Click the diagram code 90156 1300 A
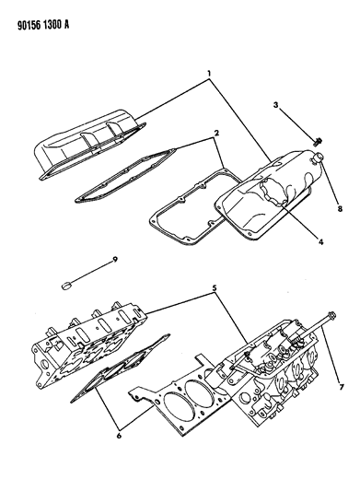tap(43, 25)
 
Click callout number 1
tap(209, 74)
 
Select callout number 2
tap(216, 133)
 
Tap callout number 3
tap(275, 105)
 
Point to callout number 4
tap(320, 242)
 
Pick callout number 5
tap(215, 287)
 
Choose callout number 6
tap(119, 436)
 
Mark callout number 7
tap(341, 387)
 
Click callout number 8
tap(340, 208)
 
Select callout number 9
tap(115, 259)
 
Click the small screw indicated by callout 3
tap(318, 142)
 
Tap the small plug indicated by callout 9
tap(66, 286)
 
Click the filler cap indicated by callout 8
tap(319, 157)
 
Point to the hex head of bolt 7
tap(331, 314)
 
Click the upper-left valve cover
tap(90, 145)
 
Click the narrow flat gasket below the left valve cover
tap(126, 174)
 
